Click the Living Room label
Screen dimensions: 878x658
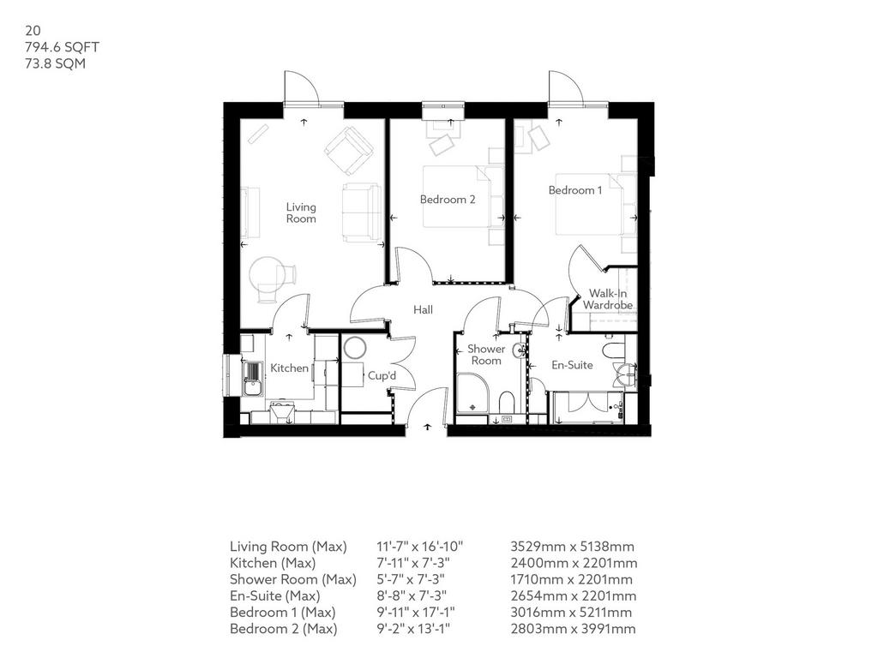[x=301, y=213]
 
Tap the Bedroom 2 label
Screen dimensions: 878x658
[x=448, y=199]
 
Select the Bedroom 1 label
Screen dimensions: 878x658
[x=575, y=190]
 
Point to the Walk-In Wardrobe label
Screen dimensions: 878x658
[x=608, y=299]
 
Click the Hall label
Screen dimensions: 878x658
[x=423, y=309]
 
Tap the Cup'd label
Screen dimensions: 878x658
[x=382, y=375]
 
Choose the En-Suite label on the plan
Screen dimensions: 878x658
[x=572, y=365]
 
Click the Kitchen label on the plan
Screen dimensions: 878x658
[x=289, y=368]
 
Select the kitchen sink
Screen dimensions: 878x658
[x=253, y=378]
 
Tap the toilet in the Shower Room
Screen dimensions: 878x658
[x=506, y=402]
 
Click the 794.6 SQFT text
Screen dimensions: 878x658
[x=62, y=47]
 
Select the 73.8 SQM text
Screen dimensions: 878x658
[x=56, y=63]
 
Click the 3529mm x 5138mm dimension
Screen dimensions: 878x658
[x=572, y=547]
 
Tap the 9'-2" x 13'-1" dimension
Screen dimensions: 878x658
[x=413, y=629]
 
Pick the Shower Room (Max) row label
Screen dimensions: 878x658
[x=293, y=580]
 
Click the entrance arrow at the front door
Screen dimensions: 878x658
[x=428, y=427]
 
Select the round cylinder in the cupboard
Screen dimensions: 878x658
[x=354, y=348]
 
